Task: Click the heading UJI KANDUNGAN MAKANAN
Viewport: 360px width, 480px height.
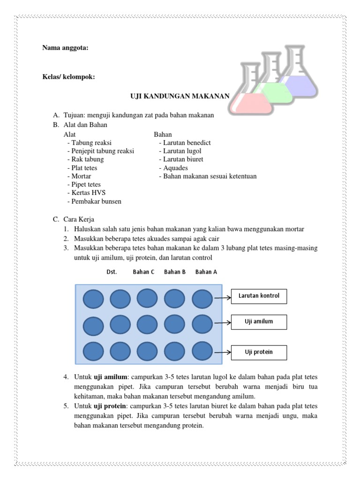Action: (x=180, y=96)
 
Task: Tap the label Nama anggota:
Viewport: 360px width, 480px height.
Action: (x=65, y=48)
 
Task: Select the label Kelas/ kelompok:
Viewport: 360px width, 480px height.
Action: (x=68, y=77)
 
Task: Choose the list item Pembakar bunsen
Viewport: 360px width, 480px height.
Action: (x=96, y=202)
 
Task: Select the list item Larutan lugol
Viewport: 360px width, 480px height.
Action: (x=182, y=151)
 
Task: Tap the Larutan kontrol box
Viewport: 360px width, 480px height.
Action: (x=259, y=296)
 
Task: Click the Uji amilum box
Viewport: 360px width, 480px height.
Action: (x=259, y=322)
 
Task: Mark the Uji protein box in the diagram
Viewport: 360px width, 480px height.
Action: (x=259, y=352)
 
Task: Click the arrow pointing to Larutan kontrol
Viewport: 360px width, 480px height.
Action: (x=222, y=297)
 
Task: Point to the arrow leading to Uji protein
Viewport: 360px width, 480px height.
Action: (x=222, y=352)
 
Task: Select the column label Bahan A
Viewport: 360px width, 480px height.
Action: (x=206, y=272)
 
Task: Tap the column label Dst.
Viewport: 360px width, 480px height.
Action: (x=112, y=272)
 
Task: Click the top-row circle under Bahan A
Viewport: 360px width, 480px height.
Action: (x=202, y=299)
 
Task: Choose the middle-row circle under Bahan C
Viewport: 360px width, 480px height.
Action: (x=147, y=324)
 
